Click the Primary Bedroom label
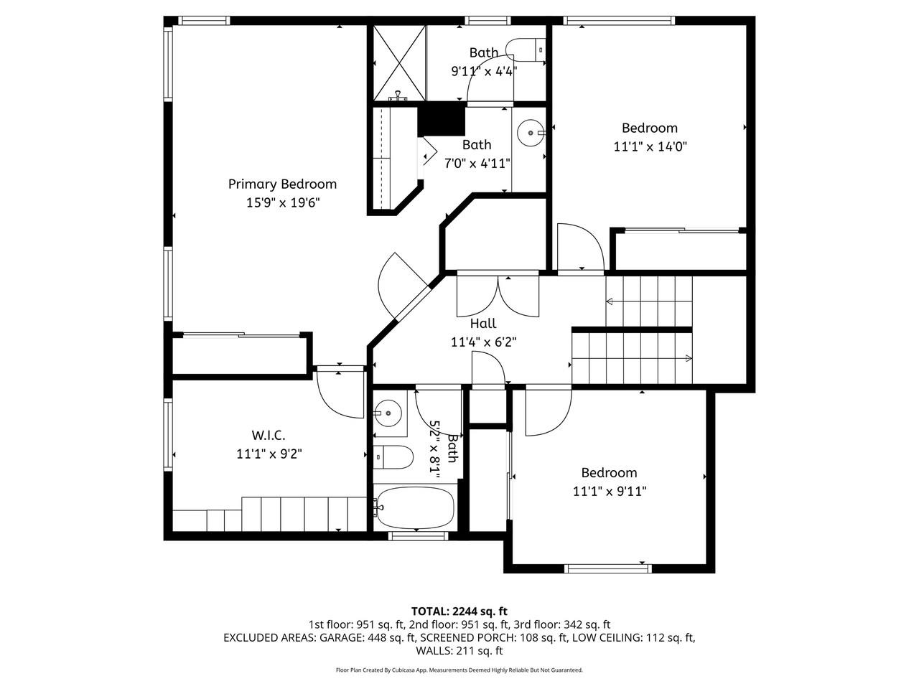point(282,184)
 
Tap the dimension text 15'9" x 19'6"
point(282,202)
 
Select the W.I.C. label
point(269,435)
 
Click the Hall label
point(483,324)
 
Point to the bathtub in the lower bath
point(414,507)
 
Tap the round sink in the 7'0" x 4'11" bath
point(530,133)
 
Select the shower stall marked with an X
point(397,64)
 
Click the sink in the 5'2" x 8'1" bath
point(388,413)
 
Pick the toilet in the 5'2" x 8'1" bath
point(393,456)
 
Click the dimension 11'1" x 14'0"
point(649,146)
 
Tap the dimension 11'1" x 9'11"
point(609,492)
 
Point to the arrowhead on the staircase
point(689,358)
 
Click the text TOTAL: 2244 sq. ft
point(459,611)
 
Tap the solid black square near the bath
point(442,119)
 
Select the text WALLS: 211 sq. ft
point(459,651)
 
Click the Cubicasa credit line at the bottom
point(459,670)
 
